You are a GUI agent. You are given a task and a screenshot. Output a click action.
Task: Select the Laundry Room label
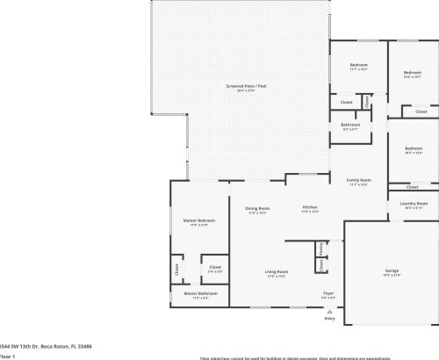click(414, 204)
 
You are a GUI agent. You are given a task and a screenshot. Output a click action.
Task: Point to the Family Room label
click(358, 180)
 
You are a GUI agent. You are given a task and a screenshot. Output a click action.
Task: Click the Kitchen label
click(310, 207)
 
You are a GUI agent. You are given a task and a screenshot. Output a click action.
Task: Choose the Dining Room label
click(257, 208)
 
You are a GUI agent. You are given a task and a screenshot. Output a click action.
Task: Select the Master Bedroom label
click(198, 220)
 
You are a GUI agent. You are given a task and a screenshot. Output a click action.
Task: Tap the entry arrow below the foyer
click(330, 310)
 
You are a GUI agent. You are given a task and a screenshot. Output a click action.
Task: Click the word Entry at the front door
click(330, 318)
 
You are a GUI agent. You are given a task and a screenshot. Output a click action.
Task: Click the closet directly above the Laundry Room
click(414, 186)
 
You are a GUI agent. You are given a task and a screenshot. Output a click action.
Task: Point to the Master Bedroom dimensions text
click(198, 225)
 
